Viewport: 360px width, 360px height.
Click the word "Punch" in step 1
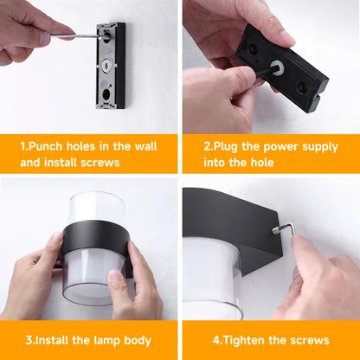click(x=48, y=145)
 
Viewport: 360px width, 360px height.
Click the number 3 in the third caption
click(x=29, y=340)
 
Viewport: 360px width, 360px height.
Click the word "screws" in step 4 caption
click(x=308, y=340)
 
